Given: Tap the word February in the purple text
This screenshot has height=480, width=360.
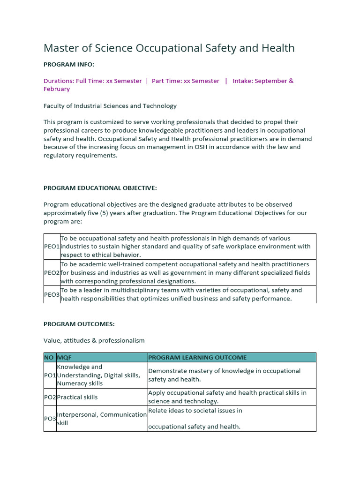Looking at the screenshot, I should coord(57,89).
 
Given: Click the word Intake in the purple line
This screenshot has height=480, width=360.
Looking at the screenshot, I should coord(244,81).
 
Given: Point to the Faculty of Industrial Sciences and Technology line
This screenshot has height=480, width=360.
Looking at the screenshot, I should coord(110,106).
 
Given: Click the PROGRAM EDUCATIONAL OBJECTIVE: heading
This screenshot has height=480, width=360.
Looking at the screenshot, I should coord(100,188).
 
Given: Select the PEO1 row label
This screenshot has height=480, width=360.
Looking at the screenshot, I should coord(52,247).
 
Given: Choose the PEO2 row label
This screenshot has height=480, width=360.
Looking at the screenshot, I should coord(52,273).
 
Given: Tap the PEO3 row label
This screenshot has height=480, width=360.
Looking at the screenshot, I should coord(52,294).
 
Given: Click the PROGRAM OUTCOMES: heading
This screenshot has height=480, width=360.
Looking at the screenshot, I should coord(79,324).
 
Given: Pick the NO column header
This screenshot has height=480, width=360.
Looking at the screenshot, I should coord(49,358).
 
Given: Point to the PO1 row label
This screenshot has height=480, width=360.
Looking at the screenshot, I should coord(50,375).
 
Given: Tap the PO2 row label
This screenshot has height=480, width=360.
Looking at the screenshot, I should coord(50,397).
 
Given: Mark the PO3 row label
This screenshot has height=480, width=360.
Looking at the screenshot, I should coord(50,419).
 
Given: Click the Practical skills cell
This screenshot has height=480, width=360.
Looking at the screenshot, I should coord(77,397).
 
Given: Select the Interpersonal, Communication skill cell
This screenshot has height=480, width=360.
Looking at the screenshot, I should coord(102,419).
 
